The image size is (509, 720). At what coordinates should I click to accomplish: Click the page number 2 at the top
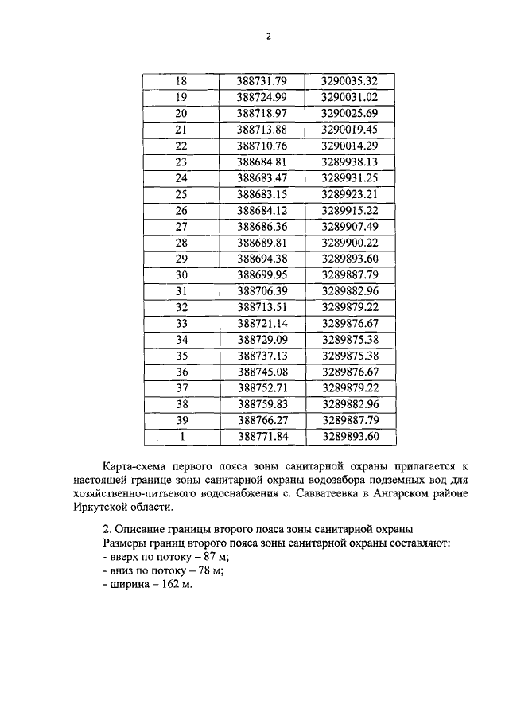[x=268, y=37]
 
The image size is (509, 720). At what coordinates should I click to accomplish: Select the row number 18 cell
[x=180, y=80]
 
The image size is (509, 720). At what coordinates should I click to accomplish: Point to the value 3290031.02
[x=349, y=97]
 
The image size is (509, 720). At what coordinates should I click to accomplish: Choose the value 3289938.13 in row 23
[x=349, y=162]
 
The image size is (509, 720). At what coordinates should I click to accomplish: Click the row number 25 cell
[x=180, y=194]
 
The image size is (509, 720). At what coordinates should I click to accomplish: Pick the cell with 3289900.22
[x=349, y=242]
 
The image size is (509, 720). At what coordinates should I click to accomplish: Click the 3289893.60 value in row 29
[x=349, y=259]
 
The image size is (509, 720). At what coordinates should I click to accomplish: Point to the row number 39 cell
[x=180, y=420]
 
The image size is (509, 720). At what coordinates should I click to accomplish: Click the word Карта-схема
[x=137, y=465]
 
